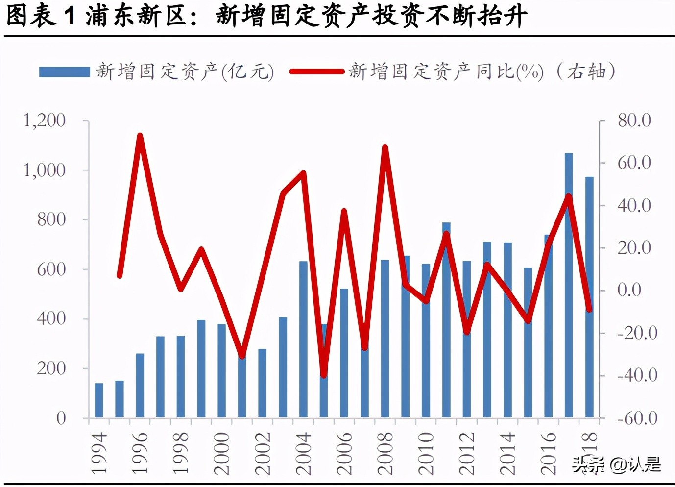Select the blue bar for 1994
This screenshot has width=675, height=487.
pos(99,400)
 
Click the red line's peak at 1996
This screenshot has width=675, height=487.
pos(140,136)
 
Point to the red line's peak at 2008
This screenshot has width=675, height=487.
pos(385,147)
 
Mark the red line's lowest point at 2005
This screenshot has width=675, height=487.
pos(324,375)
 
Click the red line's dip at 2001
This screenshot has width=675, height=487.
pos(242,355)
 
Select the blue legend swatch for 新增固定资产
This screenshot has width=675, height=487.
pos(65,72)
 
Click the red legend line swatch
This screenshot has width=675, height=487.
pos(317,72)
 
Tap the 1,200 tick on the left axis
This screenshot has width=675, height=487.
pos(45,121)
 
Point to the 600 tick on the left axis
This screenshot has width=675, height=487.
pos(51,269)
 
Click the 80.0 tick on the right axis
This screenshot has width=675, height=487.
pos(634,121)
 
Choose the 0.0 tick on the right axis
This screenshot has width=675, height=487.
pos(629,290)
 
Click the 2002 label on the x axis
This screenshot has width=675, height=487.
pos(263,453)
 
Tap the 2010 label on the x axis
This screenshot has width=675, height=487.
pos(426,453)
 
